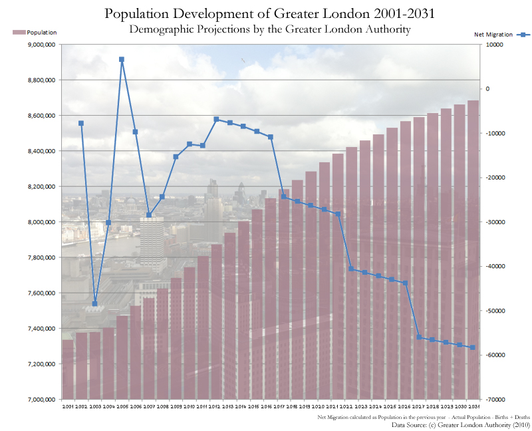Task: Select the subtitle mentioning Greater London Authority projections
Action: coord(269,29)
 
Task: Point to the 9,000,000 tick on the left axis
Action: coord(41,45)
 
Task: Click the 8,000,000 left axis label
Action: coord(41,222)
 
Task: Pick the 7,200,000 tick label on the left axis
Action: coord(41,364)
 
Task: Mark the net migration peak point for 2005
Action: coord(122,59)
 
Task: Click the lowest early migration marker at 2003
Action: coord(94,303)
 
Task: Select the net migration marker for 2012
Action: coord(216,119)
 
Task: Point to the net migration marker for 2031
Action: coord(473,347)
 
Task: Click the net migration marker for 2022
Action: coord(351,269)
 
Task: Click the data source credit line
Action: coord(460,424)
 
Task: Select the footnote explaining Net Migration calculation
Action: coord(424,416)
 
